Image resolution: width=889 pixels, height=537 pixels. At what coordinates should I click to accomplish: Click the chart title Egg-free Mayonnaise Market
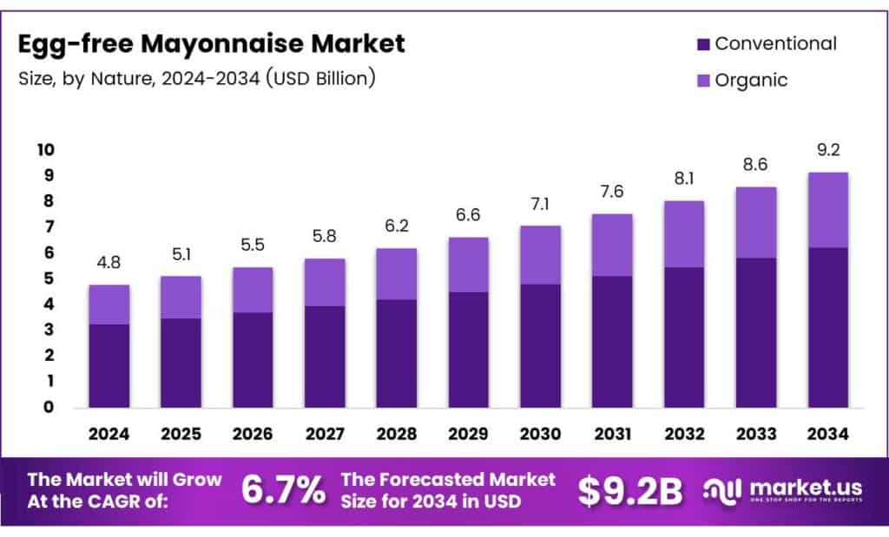pos(211,43)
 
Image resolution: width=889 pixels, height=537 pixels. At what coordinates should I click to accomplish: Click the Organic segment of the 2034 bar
pos(827,210)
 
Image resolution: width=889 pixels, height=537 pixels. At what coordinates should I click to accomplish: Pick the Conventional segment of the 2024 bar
pos(110,365)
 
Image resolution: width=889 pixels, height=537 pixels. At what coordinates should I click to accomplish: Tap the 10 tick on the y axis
pos(45,150)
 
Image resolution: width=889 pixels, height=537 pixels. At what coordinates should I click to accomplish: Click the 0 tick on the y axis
pos(49,407)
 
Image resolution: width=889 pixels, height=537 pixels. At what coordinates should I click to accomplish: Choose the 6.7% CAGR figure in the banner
pos(282,491)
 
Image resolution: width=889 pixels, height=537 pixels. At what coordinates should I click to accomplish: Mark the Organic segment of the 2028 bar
pos(397,273)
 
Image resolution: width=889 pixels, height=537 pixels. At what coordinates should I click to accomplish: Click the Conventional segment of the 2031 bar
pos(612,341)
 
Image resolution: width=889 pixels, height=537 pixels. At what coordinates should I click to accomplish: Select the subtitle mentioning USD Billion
pos(197,78)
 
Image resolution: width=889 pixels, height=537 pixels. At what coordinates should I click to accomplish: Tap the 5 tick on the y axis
pos(49,278)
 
